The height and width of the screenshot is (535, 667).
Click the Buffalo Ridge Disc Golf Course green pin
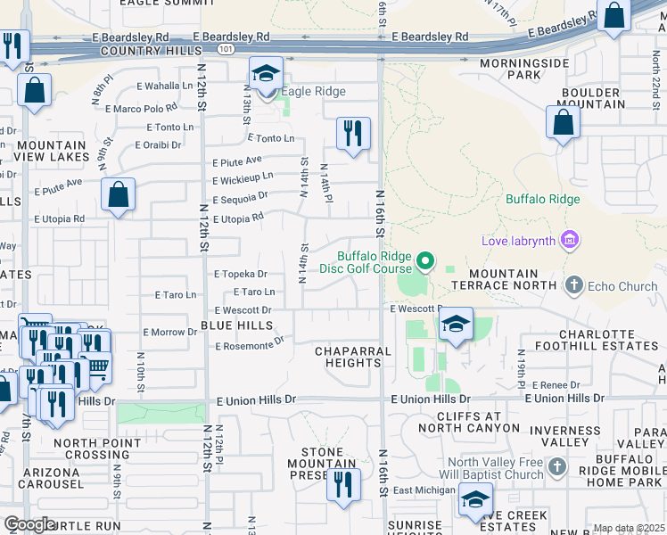point(426,261)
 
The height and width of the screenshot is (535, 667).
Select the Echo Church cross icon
point(573,284)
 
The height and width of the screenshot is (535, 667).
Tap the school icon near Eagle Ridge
point(266,75)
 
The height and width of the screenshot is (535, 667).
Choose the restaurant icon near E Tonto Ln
point(353,134)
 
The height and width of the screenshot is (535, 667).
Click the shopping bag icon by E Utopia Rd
point(118,195)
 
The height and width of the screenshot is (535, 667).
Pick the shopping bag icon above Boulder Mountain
point(563,123)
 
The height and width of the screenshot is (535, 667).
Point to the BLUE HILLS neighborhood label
point(236,325)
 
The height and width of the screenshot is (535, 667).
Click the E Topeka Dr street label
point(240,275)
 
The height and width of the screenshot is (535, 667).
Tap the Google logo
point(29,524)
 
